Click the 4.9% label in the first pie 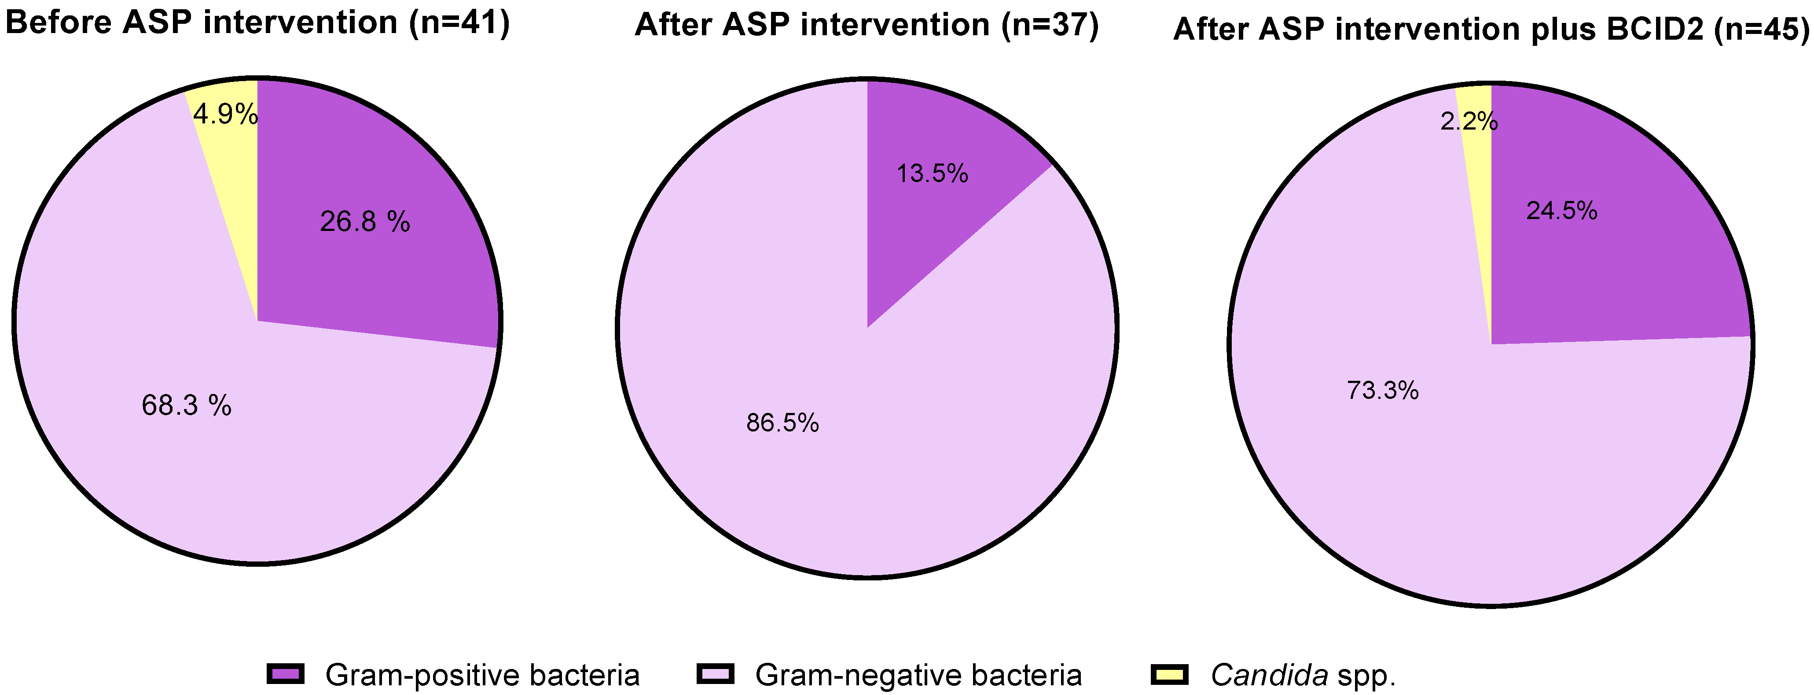[224, 114]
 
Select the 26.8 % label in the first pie [365, 222]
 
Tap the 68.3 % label [187, 405]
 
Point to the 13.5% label [932, 173]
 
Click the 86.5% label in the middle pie [782, 423]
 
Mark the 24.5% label [1561, 211]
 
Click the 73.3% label [1382, 390]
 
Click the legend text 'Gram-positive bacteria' [482, 675]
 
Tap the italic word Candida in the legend [1269, 675]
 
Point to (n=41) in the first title [459, 22]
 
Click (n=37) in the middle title [1049, 25]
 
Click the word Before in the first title [58, 22]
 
